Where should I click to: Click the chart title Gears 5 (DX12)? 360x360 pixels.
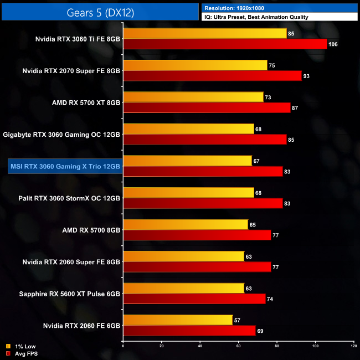click(100, 11)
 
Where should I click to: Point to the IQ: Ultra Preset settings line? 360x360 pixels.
click(255, 17)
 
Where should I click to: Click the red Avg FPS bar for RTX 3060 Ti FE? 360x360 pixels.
click(225, 44)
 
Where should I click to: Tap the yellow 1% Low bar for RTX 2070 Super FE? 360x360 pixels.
click(195, 65)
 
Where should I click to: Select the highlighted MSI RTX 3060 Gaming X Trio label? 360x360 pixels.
click(64, 166)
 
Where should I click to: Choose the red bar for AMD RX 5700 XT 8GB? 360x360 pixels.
click(207, 107)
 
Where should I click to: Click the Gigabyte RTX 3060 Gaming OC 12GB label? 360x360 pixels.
click(61, 135)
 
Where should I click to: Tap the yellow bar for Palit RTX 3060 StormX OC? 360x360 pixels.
click(188, 192)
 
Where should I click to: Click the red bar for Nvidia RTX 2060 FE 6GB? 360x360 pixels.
click(189, 331)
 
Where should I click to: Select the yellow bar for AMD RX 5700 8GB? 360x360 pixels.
click(186, 224)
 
